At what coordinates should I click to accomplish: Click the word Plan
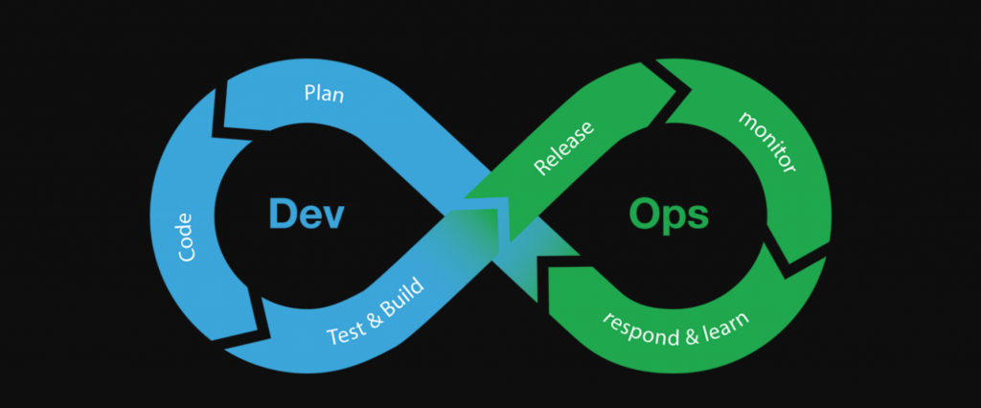(324, 94)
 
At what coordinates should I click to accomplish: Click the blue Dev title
(306, 213)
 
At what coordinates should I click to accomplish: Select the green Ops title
(669, 214)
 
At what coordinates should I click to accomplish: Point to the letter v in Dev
(331, 216)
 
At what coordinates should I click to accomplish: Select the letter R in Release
(541, 170)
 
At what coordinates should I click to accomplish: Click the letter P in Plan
(309, 94)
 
